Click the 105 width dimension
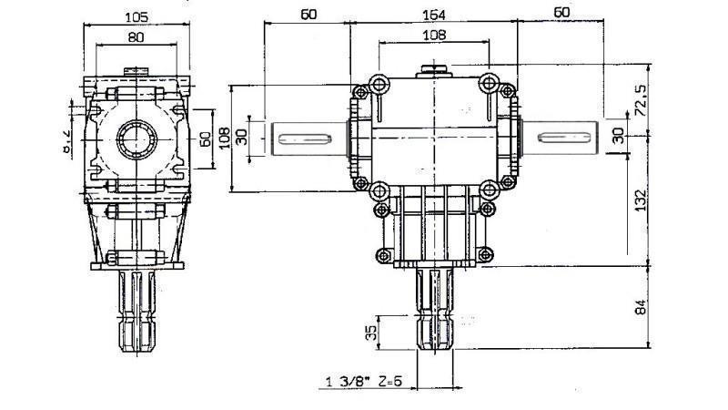pyautogui.click(x=136, y=17)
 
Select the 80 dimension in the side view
pyautogui.click(x=136, y=38)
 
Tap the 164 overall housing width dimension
pyautogui.click(x=433, y=13)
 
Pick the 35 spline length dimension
pyautogui.click(x=370, y=330)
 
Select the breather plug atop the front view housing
pyautogui.click(x=433, y=69)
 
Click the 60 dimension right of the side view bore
pyautogui.click(x=205, y=138)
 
